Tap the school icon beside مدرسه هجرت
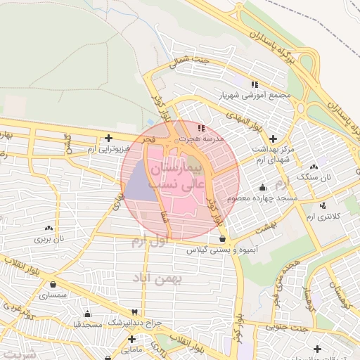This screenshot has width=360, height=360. coord(202,129)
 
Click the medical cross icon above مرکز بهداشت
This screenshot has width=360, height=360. coord(274,139)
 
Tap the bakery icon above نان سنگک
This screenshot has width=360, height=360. coord(314,167)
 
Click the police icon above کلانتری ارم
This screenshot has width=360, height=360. coord(323,205)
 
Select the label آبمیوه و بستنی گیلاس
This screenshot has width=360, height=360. coord(222,250)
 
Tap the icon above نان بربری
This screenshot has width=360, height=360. coord(49,228)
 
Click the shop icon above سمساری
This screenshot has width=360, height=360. coord(53,285)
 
